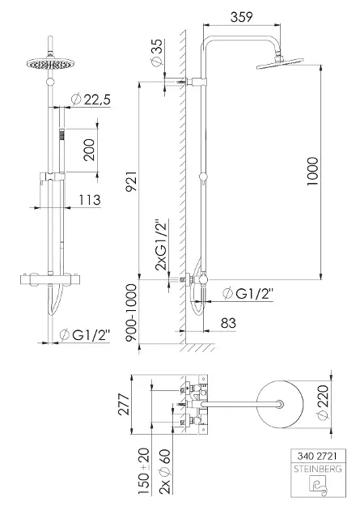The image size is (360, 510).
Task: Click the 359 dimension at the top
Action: tap(241, 17)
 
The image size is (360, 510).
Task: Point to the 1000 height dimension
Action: tap(312, 172)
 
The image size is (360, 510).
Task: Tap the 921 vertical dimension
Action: tap(132, 181)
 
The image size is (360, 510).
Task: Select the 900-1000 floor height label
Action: tap(132, 312)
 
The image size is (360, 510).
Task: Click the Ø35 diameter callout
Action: tap(156, 53)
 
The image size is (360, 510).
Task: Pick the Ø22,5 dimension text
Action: tap(91, 100)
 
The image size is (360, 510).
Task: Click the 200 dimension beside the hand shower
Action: tap(89, 150)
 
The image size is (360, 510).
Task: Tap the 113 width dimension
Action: tap(90, 200)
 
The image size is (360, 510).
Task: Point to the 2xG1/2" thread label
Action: tap(161, 245)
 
